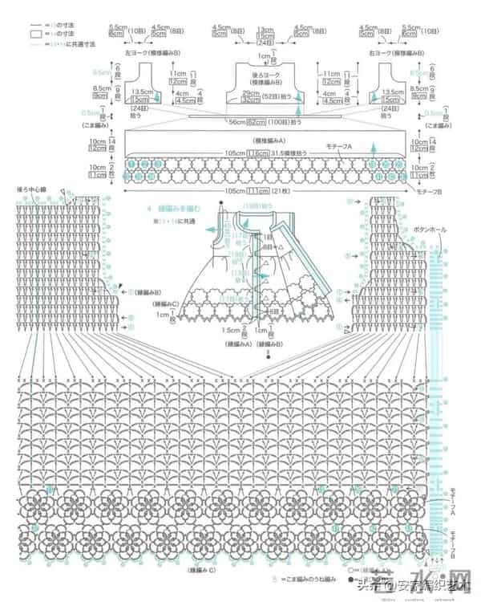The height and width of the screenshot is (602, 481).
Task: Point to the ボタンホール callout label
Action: pos(431,229)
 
